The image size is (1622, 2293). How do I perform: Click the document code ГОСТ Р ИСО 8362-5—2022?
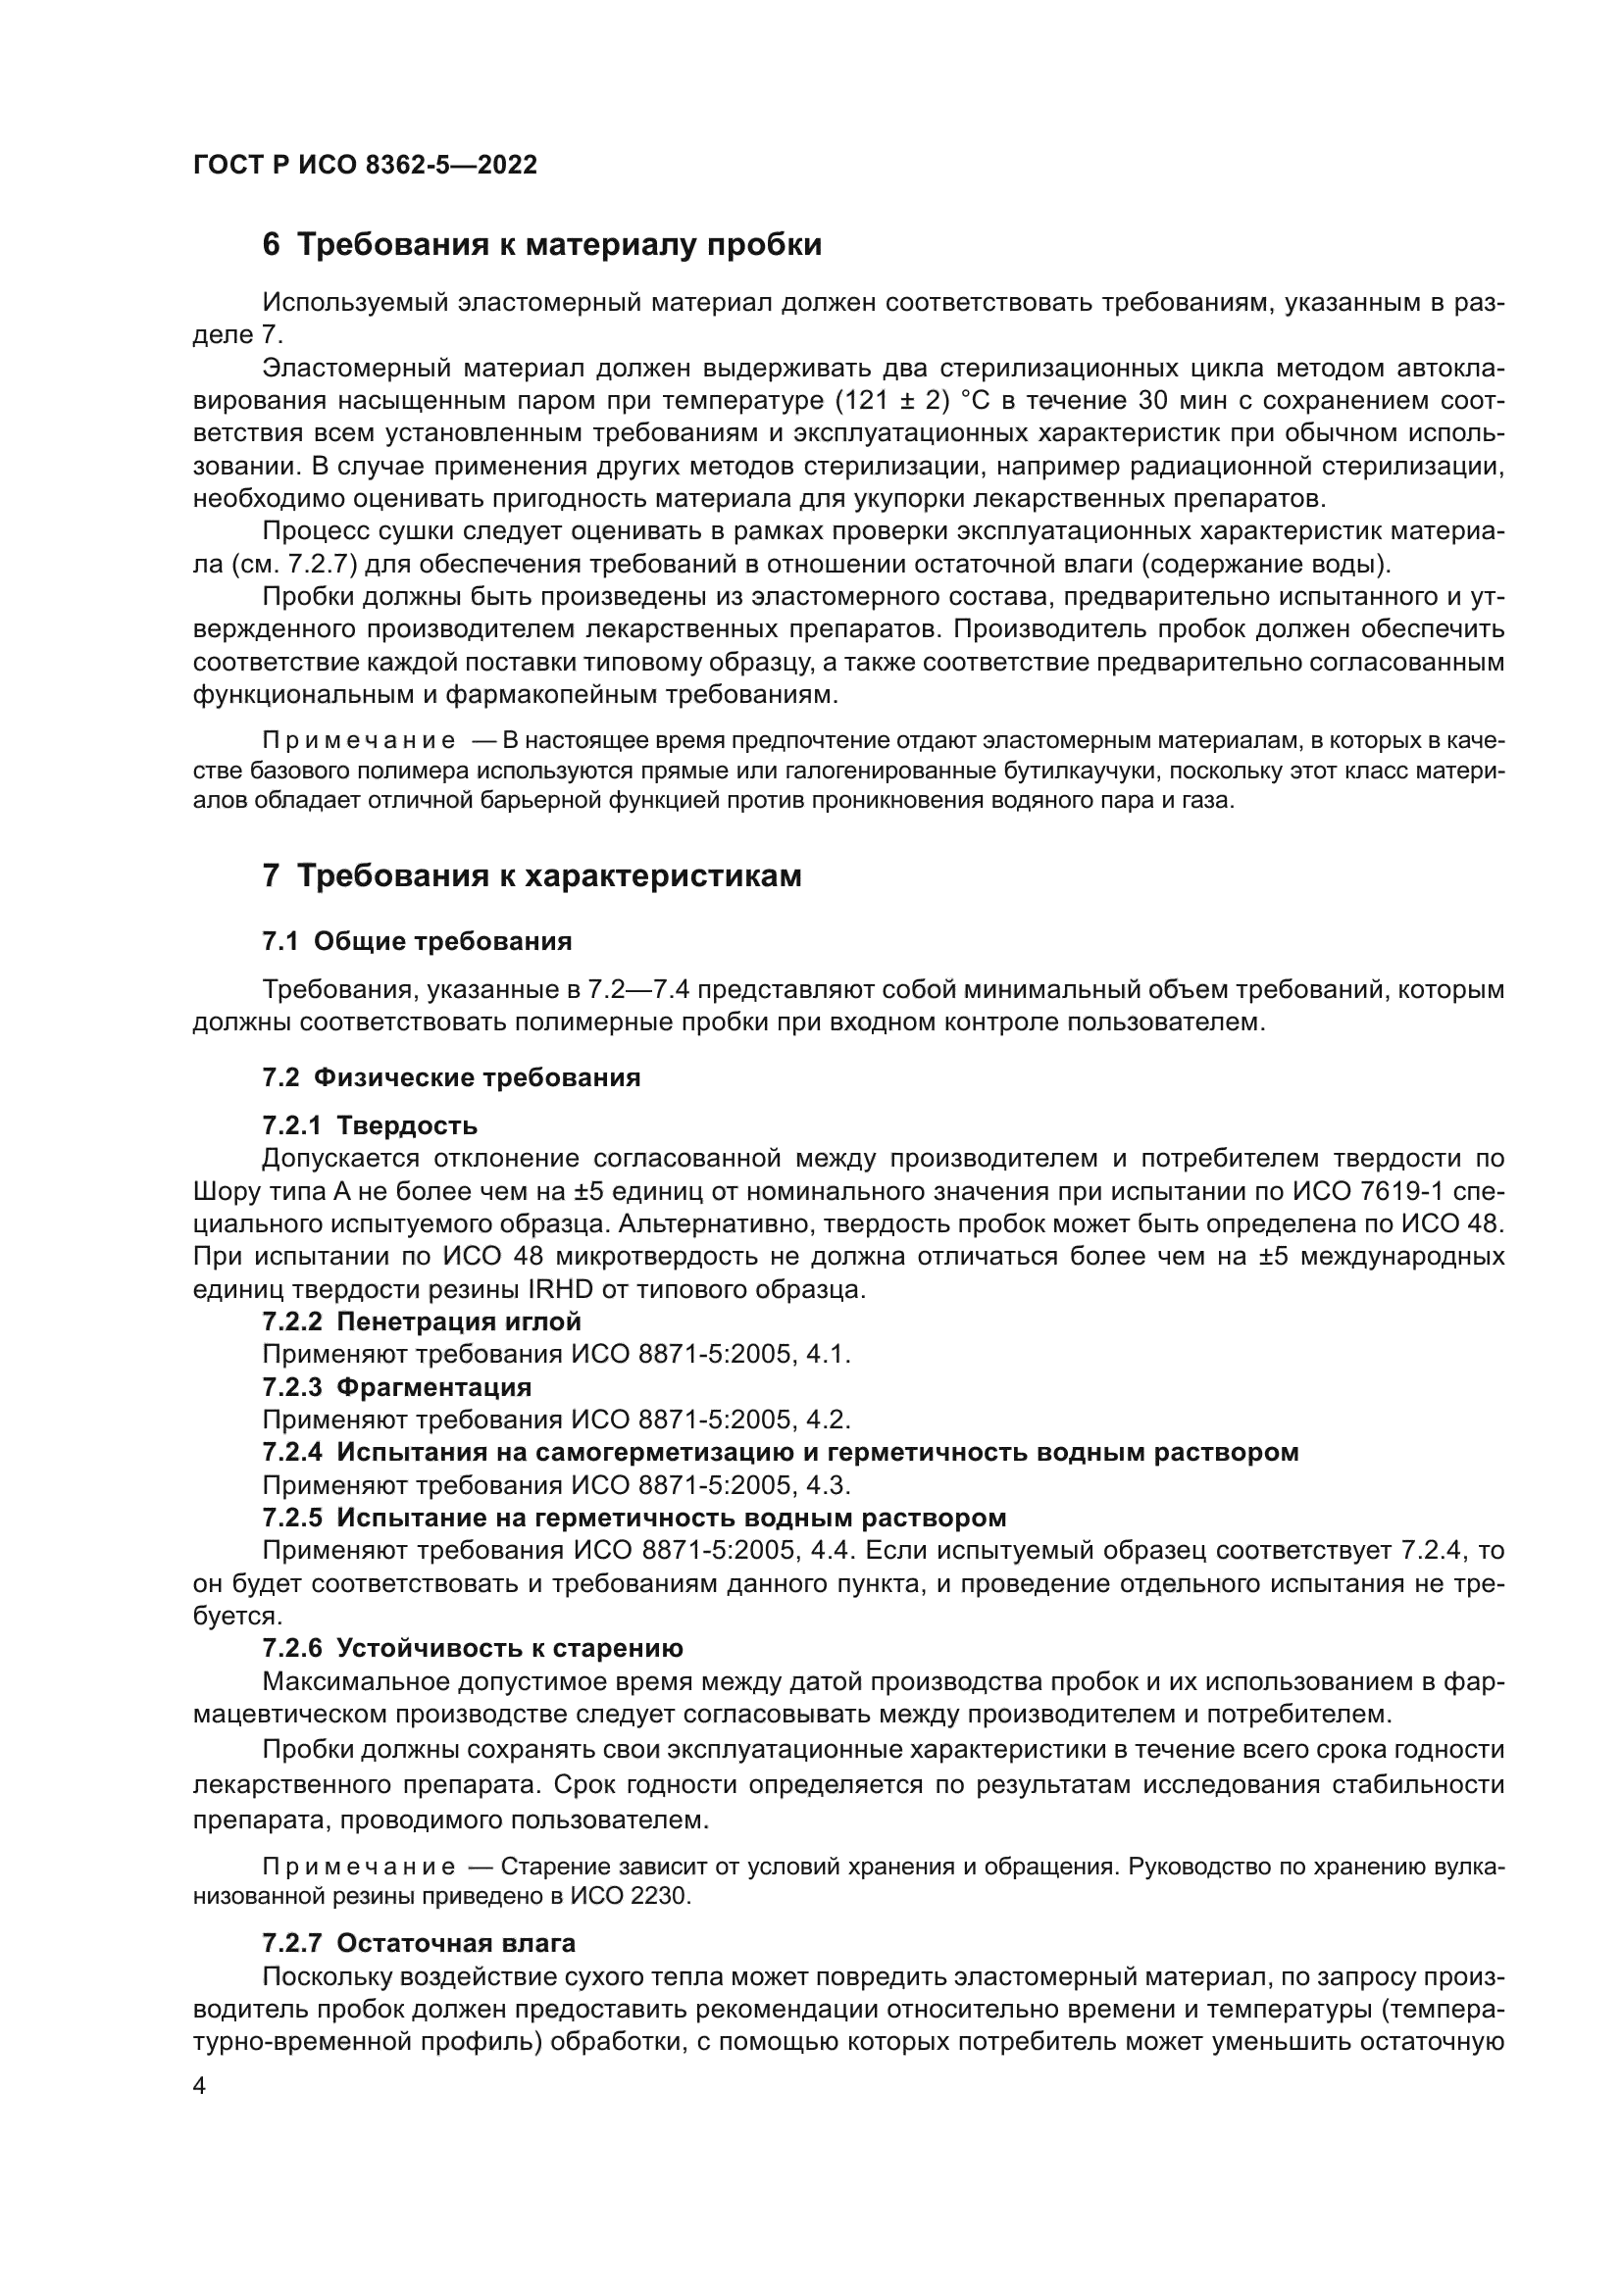pos(365,165)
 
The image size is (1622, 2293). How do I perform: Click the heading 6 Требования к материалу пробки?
pos(541,245)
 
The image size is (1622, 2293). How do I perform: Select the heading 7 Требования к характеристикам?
pos(532,875)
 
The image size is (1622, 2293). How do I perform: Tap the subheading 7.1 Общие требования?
pos(417,941)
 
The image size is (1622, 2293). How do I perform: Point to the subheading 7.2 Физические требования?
pos(450,1077)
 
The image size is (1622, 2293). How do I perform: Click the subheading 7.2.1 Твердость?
pos(370,1125)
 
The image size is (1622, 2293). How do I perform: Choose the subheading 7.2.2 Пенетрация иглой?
pos(422,1321)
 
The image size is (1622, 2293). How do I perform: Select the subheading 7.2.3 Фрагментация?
pos(396,1387)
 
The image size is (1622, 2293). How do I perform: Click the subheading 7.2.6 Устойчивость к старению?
pos(473,1648)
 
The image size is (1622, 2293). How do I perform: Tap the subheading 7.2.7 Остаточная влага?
pos(419,1942)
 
